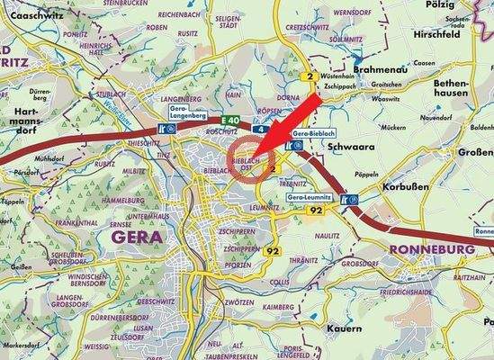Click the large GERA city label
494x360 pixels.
pyautogui.click(x=137, y=237)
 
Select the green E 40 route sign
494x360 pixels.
pyautogui.click(x=208, y=120)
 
